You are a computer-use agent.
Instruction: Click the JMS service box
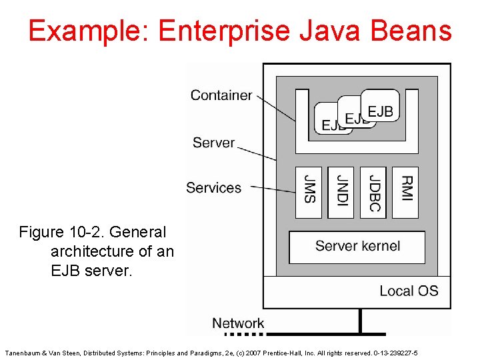tap(309, 192)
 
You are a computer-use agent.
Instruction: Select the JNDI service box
tap(341, 192)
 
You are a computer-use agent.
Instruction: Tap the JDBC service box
tap(373, 192)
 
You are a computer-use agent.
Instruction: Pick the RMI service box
tap(405, 192)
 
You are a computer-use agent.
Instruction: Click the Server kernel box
tap(357, 247)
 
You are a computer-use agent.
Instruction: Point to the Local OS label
tap(409, 291)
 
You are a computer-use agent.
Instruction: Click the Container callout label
tap(221, 95)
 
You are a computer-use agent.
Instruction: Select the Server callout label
tap(213, 143)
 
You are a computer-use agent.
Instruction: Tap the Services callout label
tap(213, 188)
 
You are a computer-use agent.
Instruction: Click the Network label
tap(238, 323)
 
